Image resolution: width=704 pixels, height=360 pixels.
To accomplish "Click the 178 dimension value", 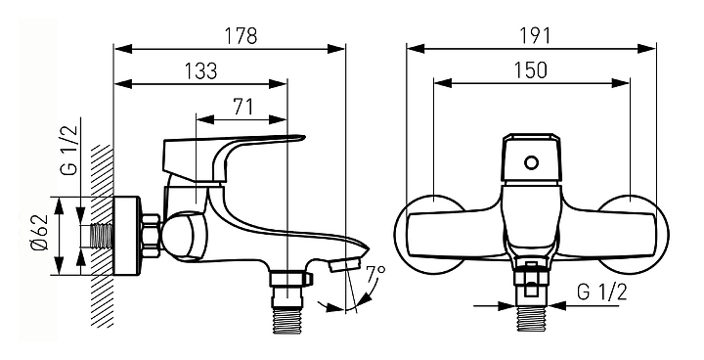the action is (x=241, y=35).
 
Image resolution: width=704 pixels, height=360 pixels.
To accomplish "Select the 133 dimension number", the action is (x=200, y=71).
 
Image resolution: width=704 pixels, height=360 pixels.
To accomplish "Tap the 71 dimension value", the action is (x=242, y=107).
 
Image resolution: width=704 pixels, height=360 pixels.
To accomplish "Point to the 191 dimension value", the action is (x=534, y=35).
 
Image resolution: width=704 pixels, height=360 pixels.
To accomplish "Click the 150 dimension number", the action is (x=530, y=70).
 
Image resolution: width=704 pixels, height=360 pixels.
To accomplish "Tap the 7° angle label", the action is (x=374, y=274).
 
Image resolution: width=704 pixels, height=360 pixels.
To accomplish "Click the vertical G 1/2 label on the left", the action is (x=68, y=150).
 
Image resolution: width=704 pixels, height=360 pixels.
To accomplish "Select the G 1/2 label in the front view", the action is (x=601, y=292).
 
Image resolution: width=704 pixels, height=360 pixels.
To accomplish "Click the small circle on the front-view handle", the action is (x=531, y=162).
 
